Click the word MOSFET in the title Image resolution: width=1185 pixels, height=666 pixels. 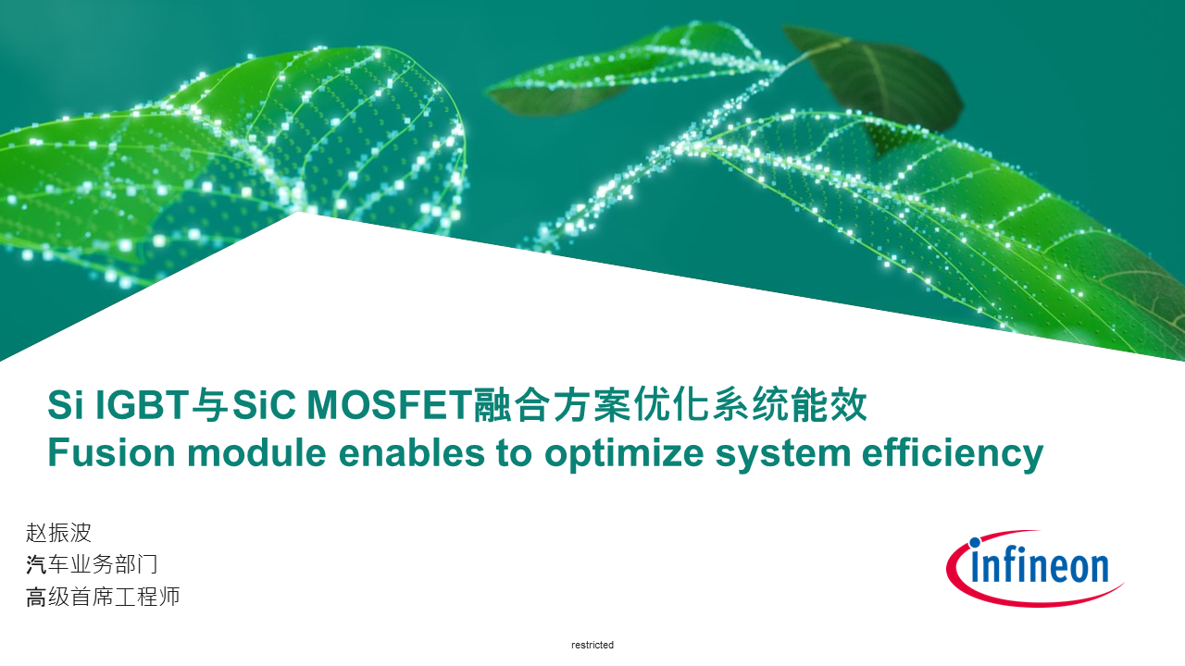click(x=388, y=405)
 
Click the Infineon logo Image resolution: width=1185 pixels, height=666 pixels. click(x=1034, y=568)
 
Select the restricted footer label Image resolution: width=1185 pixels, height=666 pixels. click(x=592, y=645)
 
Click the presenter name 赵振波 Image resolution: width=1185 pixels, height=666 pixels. click(x=59, y=533)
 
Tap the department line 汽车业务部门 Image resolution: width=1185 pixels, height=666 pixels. click(x=92, y=564)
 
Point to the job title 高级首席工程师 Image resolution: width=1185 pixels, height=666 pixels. click(x=103, y=597)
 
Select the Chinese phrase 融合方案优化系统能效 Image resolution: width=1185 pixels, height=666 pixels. click(x=670, y=405)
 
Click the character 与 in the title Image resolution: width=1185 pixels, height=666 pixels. click(x=210, y=405)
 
